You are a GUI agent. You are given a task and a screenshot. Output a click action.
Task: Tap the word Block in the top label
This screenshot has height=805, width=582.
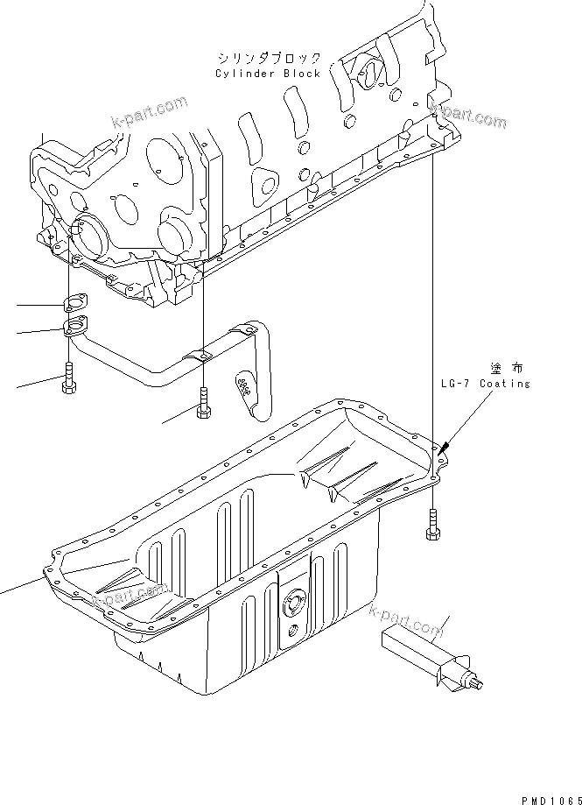[x=300, y=74]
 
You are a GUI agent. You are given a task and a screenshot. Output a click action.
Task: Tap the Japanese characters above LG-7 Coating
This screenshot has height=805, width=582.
[x=506, y=368]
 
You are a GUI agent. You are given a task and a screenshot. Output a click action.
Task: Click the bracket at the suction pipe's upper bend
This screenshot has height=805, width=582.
[x=248, y=328]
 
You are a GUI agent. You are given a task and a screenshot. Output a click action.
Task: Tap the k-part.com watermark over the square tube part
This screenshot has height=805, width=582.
[x=407, y=621]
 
